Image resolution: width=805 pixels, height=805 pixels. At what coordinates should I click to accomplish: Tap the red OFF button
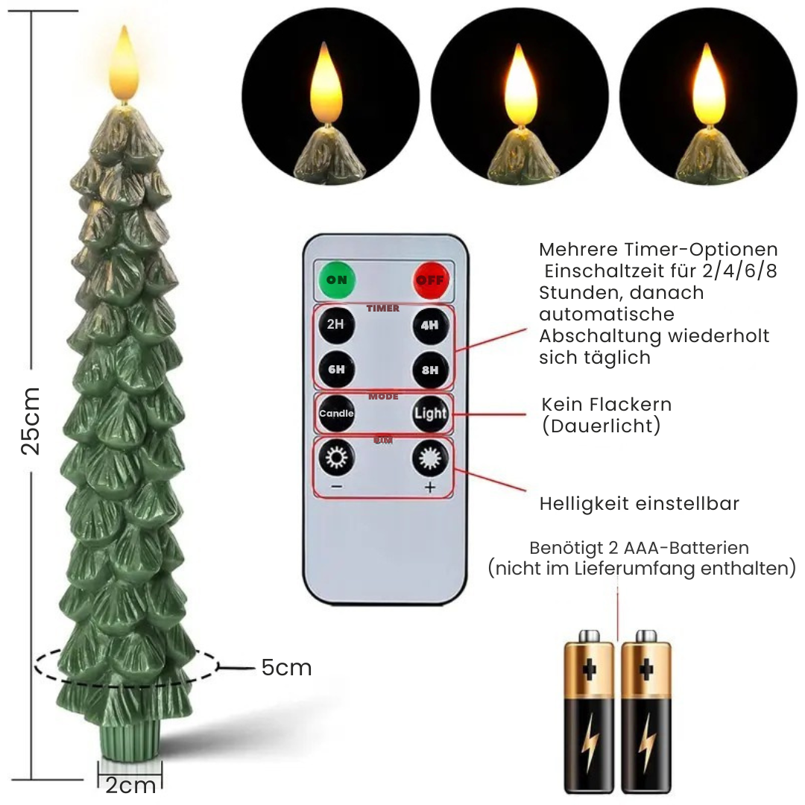[430, 280]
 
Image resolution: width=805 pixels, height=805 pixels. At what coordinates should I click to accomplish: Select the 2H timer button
[336, 324]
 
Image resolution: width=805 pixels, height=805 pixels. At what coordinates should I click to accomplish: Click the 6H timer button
[336, 370]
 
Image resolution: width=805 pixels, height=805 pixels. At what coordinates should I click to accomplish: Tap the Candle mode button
[336, 414]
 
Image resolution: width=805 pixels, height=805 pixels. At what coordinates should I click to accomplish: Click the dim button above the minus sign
[336, 457]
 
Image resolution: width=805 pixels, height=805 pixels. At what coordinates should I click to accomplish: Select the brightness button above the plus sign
[430, 458]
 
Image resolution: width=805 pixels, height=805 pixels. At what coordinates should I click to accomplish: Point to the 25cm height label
[31, 421]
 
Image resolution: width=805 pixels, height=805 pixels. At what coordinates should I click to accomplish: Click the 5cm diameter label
[286, 668]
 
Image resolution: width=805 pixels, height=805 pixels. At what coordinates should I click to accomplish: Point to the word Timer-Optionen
[701, 250]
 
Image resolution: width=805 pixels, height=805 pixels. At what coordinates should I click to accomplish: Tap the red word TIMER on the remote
[383, 309]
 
